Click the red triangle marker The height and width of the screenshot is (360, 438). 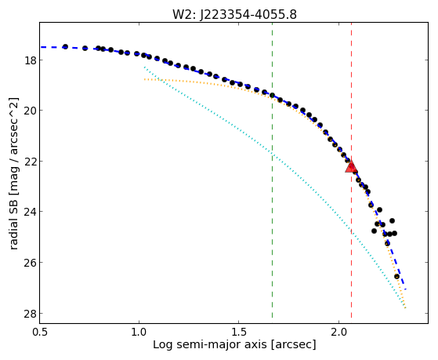351,166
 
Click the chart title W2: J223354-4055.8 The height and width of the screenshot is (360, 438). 234,14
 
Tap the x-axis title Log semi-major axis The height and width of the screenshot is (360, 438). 234,344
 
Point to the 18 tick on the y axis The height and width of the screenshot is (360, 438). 31,60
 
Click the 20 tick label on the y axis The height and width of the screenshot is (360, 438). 31,111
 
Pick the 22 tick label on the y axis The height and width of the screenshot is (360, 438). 31,162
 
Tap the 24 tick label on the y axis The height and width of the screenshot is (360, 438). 31,212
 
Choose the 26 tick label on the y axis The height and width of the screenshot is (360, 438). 31,263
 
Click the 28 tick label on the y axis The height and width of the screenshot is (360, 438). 31,313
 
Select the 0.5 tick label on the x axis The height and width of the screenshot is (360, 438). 39,333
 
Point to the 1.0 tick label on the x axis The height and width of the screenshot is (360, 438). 139,333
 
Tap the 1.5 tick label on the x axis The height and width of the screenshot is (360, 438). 238,333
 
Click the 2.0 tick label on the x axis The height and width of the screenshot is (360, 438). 338,333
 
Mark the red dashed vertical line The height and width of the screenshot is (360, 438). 351,170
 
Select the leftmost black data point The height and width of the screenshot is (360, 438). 65,46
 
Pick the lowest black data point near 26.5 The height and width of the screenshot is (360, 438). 396,276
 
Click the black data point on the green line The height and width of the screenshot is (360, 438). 272,95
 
